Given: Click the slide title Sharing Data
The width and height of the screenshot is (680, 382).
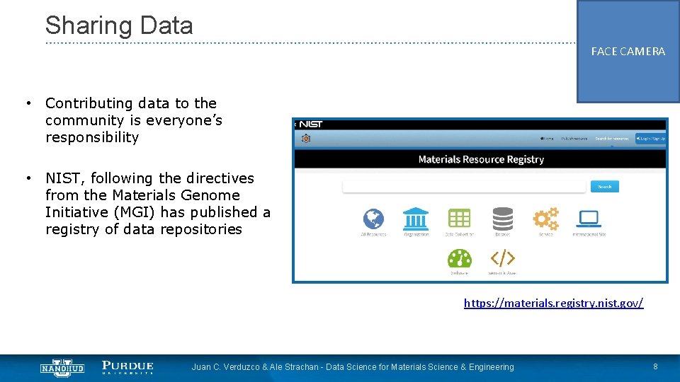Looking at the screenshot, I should (119, 25).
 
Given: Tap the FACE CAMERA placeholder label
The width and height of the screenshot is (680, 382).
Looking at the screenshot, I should (628, 52).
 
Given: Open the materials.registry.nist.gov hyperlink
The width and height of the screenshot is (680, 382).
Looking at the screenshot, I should (553, 303).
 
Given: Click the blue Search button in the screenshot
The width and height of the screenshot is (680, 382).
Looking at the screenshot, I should (604, 187).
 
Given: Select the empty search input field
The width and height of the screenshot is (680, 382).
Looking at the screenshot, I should (465, 187).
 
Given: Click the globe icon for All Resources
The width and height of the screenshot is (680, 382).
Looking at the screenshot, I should (373, 219).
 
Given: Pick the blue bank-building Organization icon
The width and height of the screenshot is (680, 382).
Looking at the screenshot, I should (416, 219).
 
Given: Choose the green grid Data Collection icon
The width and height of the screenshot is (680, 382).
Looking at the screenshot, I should (459, 219).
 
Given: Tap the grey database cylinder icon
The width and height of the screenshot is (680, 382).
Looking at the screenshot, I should (502, 219).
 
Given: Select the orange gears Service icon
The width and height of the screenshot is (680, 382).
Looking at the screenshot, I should (545, 219).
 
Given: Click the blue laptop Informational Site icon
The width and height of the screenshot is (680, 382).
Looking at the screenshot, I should (589, 219).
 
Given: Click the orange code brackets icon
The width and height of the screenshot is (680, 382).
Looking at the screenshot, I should (502, 258).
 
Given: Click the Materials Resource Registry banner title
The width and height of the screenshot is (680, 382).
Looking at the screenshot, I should (481, 159).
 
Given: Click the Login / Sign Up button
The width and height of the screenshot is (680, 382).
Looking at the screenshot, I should (650, 139).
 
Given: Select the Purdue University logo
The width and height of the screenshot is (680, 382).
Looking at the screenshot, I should (127, 367).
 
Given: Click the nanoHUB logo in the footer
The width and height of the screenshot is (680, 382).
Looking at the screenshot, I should (62, 367).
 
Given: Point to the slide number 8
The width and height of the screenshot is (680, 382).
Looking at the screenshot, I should (655, 366).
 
